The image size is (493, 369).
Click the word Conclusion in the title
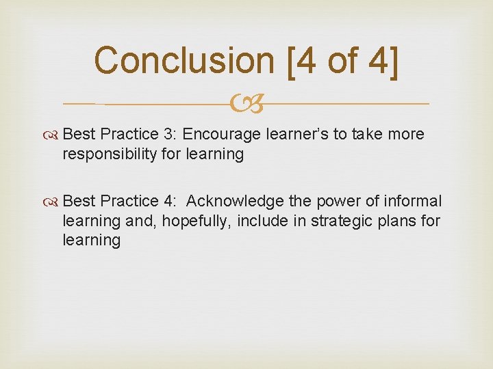pos(183,60)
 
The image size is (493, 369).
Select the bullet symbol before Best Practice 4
pos(54,202)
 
